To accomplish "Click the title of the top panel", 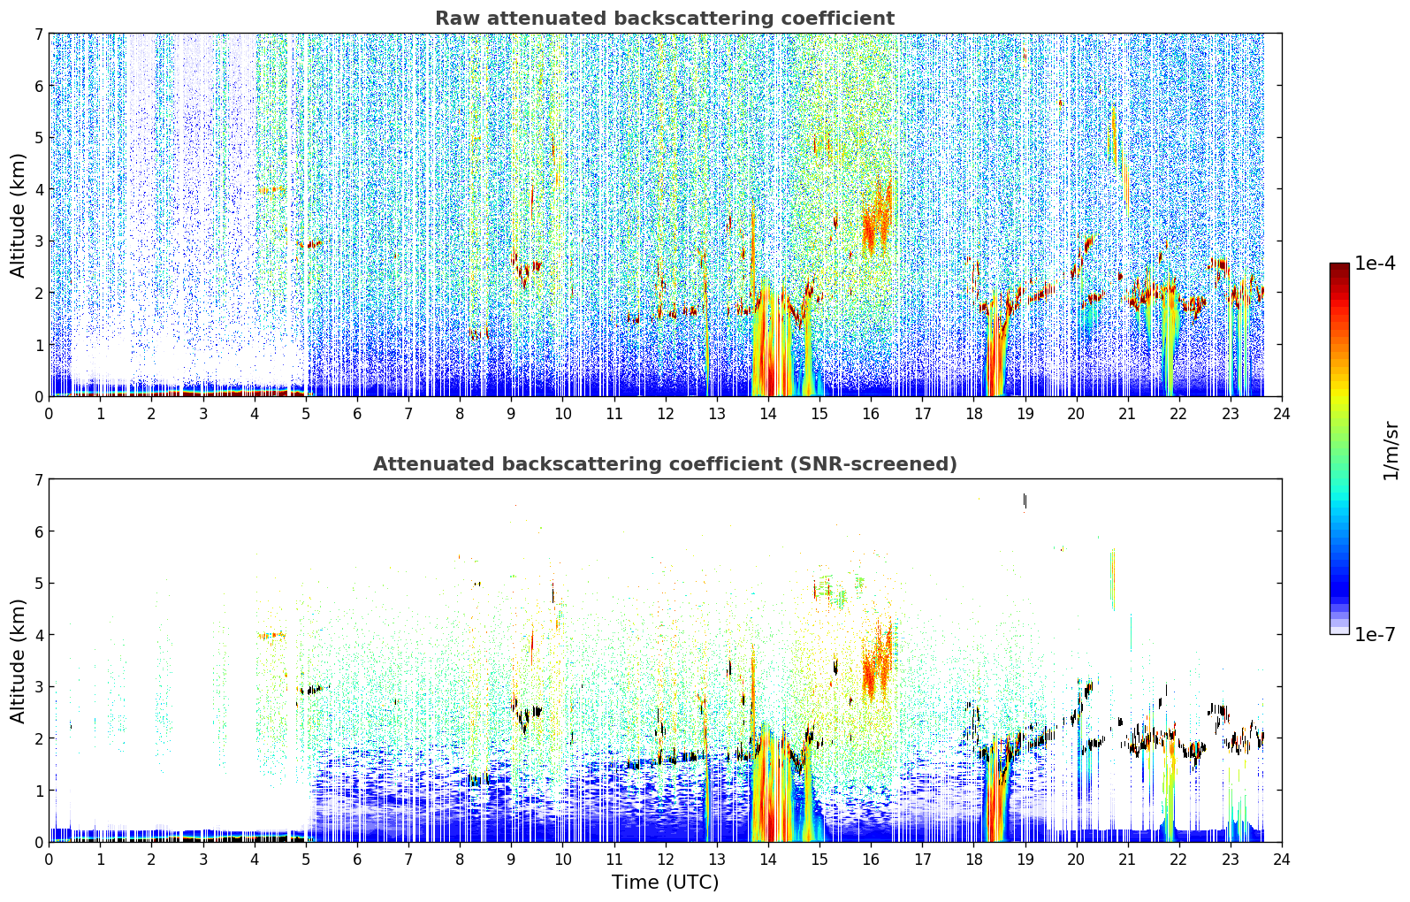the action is click(x=665, y=19).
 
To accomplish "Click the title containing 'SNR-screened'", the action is click(x=665, y=463).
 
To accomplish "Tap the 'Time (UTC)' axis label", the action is click(x=665, y=882).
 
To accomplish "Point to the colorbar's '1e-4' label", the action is click(x=1375, y=264).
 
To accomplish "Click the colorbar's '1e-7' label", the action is click(x=1375, y=634).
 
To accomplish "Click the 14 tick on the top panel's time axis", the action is click(x=767, y=414).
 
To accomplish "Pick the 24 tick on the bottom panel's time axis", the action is click(x=1282, y=860).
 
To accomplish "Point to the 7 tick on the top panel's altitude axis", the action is click(x=38, y=34).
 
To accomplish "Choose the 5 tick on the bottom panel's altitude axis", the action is click(x=38, y=584).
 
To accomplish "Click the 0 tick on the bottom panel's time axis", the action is click(x=50, y=860).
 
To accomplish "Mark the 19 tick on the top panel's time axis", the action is click(x=1025, y=414).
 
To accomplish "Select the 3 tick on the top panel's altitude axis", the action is click(x=38, y=241).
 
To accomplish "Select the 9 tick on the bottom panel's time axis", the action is click(x=511, y=860).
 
